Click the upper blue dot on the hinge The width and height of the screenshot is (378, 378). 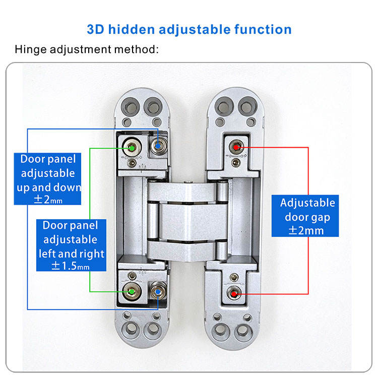tap(159, 145)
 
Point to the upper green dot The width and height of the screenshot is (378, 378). tap(132, 148)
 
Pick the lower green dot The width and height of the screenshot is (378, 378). tap(132, 291)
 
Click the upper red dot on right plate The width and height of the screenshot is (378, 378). tap(235, 147)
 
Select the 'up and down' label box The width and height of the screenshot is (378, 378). tap(48, 179)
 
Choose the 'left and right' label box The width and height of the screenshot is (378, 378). tap(71, 245)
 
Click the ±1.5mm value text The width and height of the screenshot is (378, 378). tap(71, 266)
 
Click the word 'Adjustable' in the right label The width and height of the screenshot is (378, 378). tap(307, 203)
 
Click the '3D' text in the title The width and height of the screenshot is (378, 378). tap(95, 29)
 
